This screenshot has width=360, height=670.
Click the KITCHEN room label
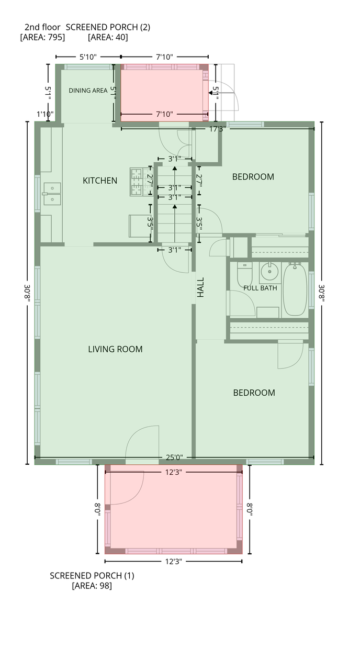[x=100, y=181]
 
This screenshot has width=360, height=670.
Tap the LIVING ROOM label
[x=115, y=349]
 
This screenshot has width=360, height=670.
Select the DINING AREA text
[x=88, y=91]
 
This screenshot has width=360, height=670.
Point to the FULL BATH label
[x=260, y=288]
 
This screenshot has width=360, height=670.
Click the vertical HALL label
[x=200, y=287]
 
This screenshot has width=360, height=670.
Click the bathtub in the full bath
[x=295, y=289]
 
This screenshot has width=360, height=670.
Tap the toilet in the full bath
[x=245, y=275]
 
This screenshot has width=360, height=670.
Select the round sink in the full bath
[x=269, y=272]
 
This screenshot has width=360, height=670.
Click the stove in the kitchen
[x=137, y=182]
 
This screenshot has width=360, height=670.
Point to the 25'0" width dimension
[x=174, y=457]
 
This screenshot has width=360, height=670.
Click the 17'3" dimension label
[x=217, y=129]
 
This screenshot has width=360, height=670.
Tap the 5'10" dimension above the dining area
[x=88, y=57]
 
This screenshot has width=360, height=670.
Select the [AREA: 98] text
[x=92, y=586]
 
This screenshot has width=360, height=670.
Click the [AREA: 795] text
[x=42, y=37]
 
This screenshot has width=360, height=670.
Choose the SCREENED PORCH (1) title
[x=92, y=576]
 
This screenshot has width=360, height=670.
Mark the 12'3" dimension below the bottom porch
[x=173, y=562]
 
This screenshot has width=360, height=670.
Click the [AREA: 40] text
[x=108, y=37]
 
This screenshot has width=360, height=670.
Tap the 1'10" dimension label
[x=45, y=114]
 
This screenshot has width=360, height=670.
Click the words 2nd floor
[x=42, y=27]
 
